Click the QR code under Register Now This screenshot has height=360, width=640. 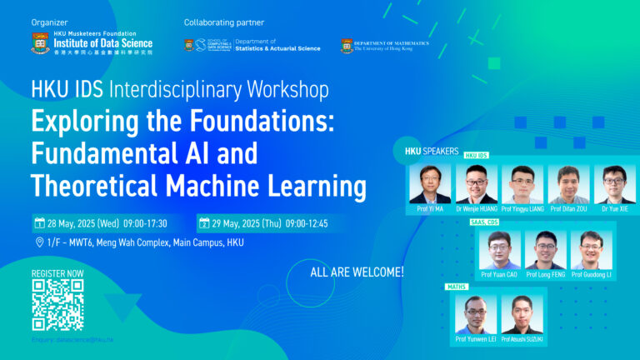(57, 306)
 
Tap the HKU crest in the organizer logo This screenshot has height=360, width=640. (40, 42)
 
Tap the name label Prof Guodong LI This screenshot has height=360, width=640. (592, 273)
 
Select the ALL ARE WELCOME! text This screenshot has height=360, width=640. (357, 272)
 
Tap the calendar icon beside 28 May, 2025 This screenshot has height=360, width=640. (39, 223)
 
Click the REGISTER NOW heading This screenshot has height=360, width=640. (57, 273)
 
